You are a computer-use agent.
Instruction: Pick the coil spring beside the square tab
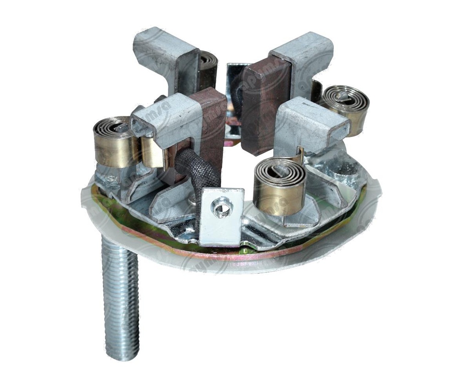tap(279, 186)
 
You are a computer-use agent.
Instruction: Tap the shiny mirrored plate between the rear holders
tap(234, 82)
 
